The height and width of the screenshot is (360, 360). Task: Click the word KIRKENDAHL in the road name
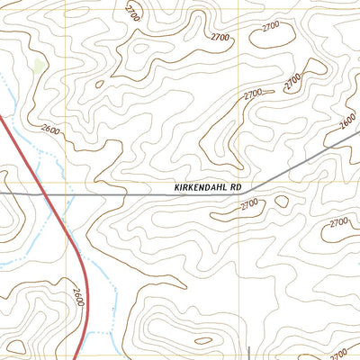pos(200,188)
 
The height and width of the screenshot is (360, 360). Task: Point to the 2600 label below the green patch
pos(51,132)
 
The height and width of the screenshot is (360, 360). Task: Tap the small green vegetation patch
pos(37,67)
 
